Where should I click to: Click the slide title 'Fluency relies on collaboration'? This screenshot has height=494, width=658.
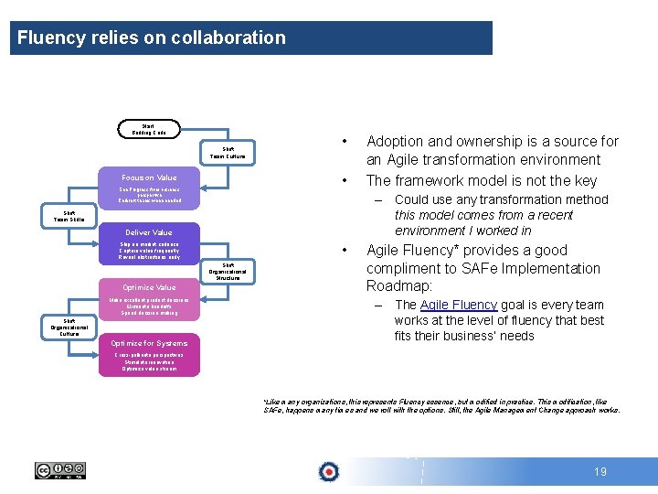pyautogui.click(x=152, y=38)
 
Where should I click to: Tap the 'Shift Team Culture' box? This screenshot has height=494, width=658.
pyautogui.click(x=228, y=153)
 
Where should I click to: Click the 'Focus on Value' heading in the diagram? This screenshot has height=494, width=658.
pyautogui.click(x=149, y=177)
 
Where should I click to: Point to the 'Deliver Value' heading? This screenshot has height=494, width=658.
pyautogui.click(x=149, y=232)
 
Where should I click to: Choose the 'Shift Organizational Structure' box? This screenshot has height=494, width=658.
pyautogui.click(x=228, y=272)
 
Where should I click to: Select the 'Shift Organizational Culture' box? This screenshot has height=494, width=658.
pyautogui.click(x=69, y=327)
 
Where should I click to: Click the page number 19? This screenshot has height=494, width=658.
pyautogui.click(x=600, y=472)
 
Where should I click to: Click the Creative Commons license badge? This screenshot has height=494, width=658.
pyautogui.click(x=60, y=471)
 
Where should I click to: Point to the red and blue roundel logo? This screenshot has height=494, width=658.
pyautogui.click(x=328, y=471)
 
